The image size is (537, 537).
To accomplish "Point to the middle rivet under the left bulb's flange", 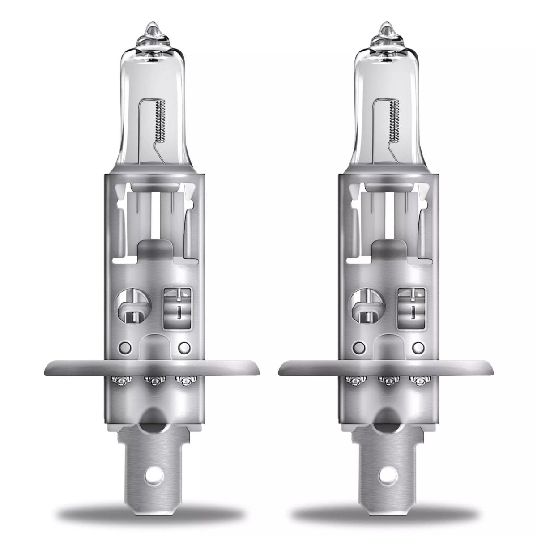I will point(153,381).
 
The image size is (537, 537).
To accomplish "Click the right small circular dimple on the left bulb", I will point(183,347).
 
